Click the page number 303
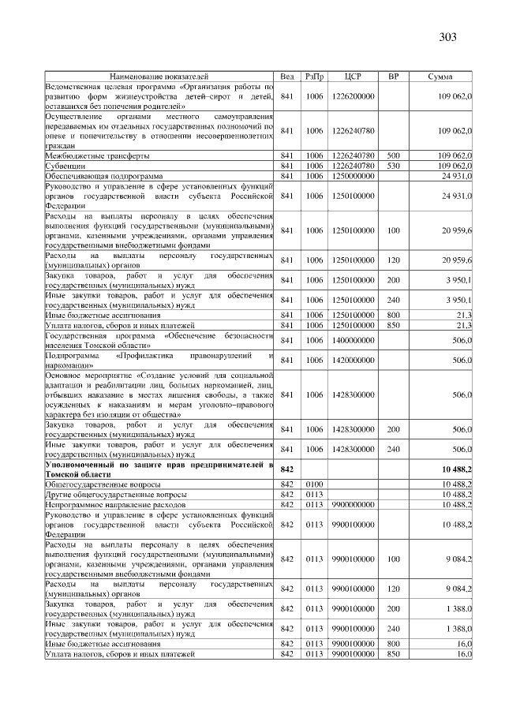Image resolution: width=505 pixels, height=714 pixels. click(448, 37)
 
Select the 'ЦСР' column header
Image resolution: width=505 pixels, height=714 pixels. click(353, 77)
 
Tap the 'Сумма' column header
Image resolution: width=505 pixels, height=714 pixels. click(440, 77)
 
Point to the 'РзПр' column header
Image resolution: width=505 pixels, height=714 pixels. click(314, 77)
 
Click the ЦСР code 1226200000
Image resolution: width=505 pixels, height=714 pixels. click(353, 95)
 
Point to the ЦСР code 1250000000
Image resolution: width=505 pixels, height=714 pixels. click(353, 175)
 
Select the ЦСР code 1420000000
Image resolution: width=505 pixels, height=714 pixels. click(353, 360)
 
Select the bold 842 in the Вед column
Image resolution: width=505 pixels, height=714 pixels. click(287, 469)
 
